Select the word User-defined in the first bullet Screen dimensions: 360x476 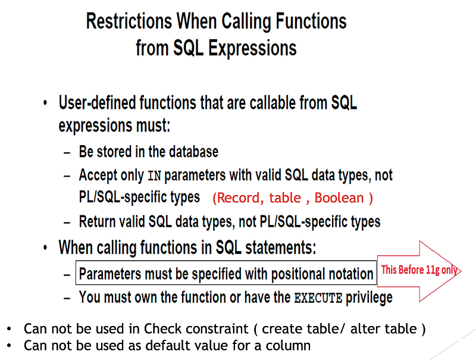point(96,103)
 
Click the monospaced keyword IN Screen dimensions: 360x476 point(154,176)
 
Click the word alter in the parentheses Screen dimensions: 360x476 point(354,328)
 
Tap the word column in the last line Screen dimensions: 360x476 point(290,345)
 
